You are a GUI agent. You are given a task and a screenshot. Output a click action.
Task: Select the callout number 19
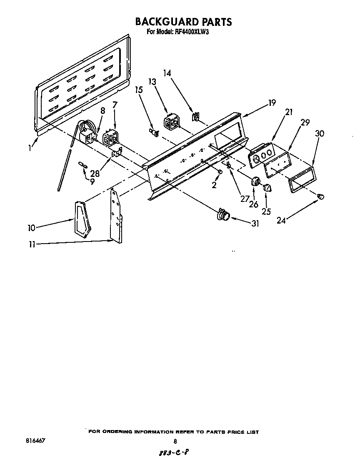tap(272, 103)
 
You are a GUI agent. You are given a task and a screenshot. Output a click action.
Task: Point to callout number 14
tap(167, 73)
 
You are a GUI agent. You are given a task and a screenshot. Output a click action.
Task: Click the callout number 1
tap(31, 147)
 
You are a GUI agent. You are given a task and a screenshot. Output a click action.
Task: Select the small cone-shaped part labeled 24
tap(321, 196)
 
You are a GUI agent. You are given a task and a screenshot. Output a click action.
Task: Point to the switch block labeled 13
tap(170, 122)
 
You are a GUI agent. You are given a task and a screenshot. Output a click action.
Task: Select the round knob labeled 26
tap(255, 181)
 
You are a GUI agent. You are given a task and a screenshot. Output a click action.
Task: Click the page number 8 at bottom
tap(175, 441)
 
